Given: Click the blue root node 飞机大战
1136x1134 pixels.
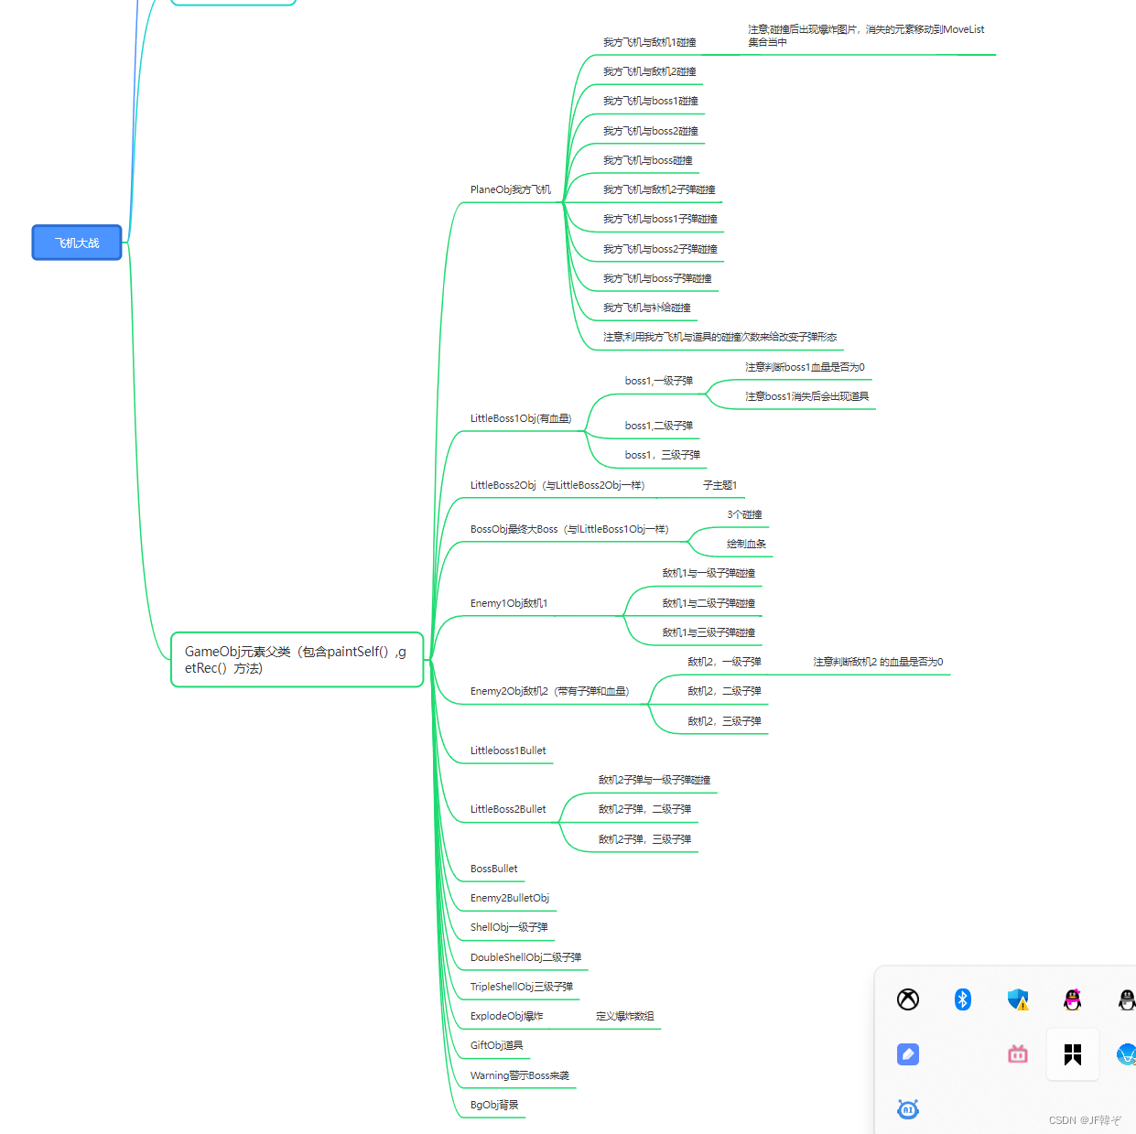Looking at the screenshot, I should click(77, 243).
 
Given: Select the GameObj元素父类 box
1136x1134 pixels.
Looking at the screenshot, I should click(297, 659).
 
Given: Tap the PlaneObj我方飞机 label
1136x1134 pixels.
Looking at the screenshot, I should click(510, 189).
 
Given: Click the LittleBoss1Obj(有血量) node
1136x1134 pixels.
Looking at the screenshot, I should click(520, 418).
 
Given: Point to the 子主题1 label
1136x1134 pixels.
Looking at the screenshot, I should click(719, 485).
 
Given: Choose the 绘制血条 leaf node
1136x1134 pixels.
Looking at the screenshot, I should click(746, 544).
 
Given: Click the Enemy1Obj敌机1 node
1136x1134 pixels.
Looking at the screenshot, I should click(508, 603).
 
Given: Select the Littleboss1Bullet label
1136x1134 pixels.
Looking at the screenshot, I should click(507, 751).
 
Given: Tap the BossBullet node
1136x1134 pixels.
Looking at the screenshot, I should click(493, 869).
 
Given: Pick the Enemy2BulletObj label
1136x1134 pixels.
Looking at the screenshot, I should click(509, 898).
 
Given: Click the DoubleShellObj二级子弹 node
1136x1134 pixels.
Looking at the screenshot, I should click(525, 957).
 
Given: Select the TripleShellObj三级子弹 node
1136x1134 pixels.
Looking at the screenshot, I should click(521, 987).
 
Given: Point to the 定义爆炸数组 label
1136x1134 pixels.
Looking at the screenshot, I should click(624, 1016).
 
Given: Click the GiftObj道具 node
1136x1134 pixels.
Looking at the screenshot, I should click(496, 1045).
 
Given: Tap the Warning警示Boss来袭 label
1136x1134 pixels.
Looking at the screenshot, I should click(519, 1075).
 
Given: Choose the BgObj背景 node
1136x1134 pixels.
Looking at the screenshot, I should click(493, 1105).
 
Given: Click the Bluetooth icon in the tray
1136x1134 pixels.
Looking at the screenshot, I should click(962, 999).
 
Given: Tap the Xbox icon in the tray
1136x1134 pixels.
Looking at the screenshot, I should click(907, 999).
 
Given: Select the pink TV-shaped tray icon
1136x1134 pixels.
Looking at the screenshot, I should click(1017, 1054).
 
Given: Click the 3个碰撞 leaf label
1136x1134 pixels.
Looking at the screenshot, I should click(744, 514).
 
